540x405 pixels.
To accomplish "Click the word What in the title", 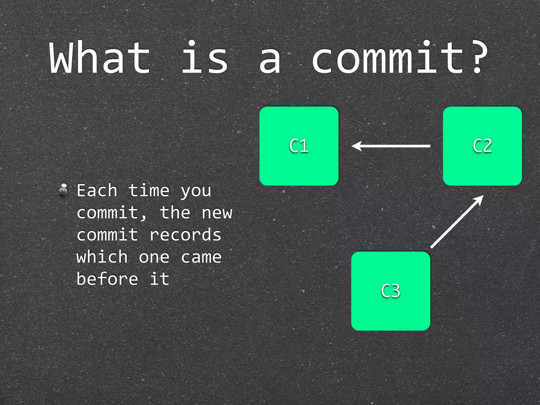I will click(x=100, y=57).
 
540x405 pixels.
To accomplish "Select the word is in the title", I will click(x=205, y=57).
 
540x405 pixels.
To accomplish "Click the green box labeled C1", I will click(x=299, y=146).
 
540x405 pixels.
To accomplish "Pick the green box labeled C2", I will click(x=482, y=146).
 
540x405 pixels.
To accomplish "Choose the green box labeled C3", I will click(x=390, y=291).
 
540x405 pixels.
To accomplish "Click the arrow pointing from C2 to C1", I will click(x=393, y=146).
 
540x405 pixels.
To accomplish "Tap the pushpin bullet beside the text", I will click(x=63, y=189).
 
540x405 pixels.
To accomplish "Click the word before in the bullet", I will click(x=107, y=279).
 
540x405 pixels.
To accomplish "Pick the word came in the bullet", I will click(x=201, y=257).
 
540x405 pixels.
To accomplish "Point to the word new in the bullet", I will click(x=217, y=213).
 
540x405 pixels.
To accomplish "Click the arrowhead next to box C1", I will click(x=356, y=146).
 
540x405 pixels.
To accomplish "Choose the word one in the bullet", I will click(x=154, y=257).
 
